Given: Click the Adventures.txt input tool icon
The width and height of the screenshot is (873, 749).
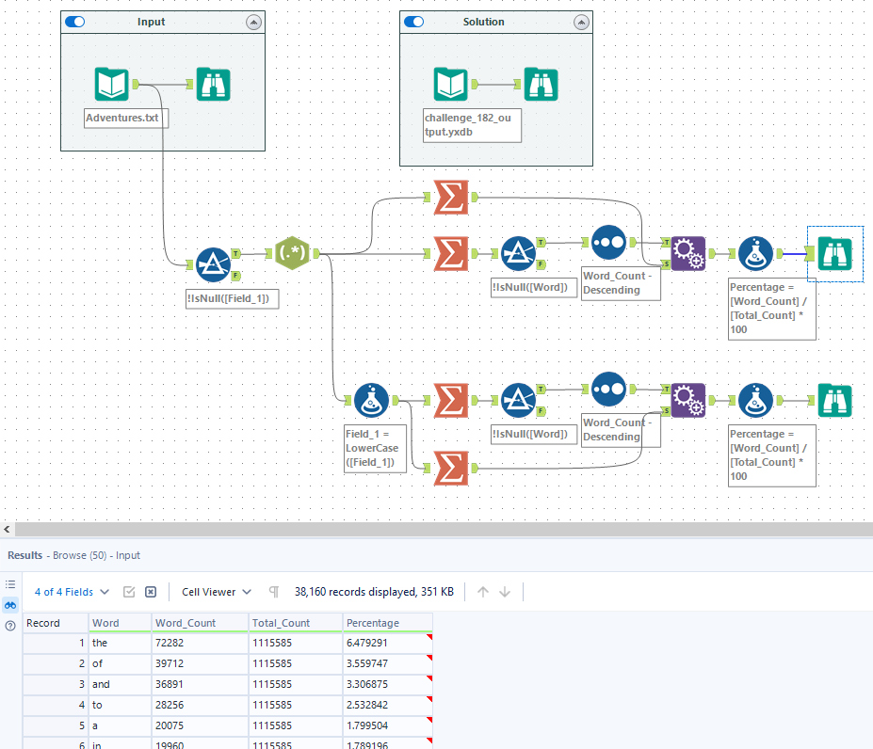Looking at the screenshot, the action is [112, 84].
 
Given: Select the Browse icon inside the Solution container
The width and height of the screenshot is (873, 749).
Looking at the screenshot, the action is [541, 84].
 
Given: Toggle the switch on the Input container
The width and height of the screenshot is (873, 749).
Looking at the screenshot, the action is [74, 22].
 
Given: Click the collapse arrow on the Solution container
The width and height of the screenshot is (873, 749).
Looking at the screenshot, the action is [581, 23].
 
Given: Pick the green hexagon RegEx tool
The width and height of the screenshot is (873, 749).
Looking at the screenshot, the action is [292, 253].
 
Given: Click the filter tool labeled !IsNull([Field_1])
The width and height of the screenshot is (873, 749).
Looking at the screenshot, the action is [213, 264].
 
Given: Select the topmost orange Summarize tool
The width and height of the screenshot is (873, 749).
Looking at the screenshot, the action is [451, 197].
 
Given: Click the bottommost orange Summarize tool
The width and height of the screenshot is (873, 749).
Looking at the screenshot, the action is [451, 468].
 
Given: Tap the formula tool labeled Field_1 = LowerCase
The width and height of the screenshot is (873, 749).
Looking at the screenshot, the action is [371, 400].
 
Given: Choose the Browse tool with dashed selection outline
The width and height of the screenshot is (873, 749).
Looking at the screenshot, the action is [835, 254].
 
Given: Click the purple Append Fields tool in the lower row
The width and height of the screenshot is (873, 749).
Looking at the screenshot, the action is [688, 400].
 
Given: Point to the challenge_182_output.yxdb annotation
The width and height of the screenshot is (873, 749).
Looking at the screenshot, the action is [472, 125].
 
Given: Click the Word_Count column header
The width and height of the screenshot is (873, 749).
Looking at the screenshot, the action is [186, 623].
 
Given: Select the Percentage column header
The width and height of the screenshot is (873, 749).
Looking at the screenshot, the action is [373, 623].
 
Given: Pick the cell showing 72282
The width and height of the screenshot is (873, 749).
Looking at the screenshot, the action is [170, 643].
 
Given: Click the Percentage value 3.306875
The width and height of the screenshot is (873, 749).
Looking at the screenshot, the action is [367, 684].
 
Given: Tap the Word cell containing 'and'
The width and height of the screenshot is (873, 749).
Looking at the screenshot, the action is [101, 684].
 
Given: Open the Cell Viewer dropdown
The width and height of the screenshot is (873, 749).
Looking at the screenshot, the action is [217, 592].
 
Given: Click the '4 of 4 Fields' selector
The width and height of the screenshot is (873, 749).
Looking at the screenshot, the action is [72, 592].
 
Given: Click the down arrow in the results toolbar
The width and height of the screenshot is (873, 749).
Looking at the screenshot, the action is [505, 592].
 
